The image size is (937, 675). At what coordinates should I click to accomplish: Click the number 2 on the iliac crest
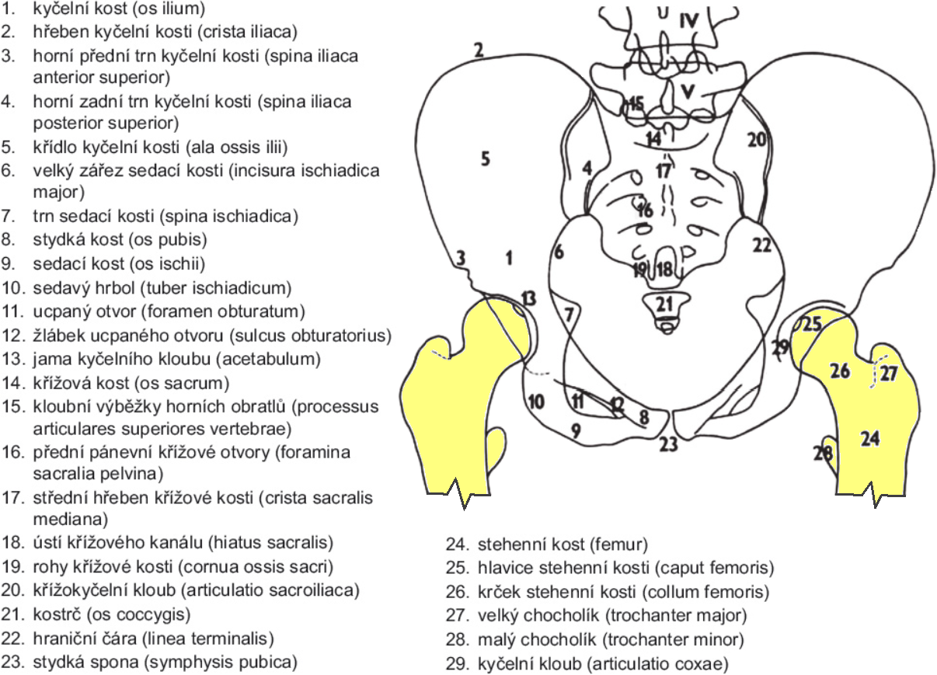click(479, 50)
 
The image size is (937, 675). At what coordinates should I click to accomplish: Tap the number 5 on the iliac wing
click(486, 159)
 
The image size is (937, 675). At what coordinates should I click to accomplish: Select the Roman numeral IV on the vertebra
click(689, 21)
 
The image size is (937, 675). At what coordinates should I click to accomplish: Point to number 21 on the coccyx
click(664, 304)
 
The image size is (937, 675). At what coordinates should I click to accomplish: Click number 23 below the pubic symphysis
click(668, 444)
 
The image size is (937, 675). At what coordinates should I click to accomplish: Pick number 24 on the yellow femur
click(870, 439)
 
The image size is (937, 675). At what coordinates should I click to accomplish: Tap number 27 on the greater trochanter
click(889, 374)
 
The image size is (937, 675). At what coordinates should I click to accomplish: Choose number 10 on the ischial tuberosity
click(536, 402)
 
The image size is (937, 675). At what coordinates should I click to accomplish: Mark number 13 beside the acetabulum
click(529, 298)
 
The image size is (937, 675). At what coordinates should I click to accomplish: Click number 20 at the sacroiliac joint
click(757, 140)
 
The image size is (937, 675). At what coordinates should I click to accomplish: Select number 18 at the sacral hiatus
click(665, 270)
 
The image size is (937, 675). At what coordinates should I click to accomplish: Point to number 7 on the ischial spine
click(569, 315)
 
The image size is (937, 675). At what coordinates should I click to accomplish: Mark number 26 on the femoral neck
click(840, 371)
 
